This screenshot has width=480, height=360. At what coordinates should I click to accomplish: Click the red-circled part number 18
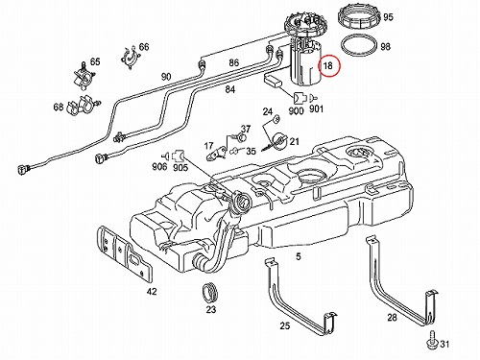click(x=328, y=66)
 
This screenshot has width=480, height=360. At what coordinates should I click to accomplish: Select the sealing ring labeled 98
click(x=360, y=46)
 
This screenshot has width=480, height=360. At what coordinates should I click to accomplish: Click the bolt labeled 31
click(x=432, y=339)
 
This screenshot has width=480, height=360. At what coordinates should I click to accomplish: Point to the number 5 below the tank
click(x=299, y=256)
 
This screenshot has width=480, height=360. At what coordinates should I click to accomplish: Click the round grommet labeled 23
click(x=210, y=292)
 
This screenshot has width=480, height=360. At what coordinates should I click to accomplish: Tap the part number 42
click(x=152, y=292)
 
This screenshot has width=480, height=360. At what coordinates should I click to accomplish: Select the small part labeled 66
click(x=131, y=57)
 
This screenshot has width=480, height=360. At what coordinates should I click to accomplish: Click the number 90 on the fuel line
click(x=166, y=77)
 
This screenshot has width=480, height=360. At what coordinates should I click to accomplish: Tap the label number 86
click(x=233, y=62)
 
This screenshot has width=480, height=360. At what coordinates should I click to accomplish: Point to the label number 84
click(x=229, y=89)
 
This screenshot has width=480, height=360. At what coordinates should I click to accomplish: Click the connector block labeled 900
click(x=300, y=98)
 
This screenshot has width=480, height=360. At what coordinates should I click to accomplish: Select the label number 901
click(x=316, y=109)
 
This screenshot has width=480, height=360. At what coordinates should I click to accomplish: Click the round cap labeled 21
click(x=277, y=142)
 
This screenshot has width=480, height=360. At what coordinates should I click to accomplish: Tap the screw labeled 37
click(x=241, y=138)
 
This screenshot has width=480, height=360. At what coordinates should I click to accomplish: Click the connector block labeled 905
click(x=179, y=156)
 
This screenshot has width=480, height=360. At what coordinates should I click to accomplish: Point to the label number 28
click(x=392, y=317)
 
